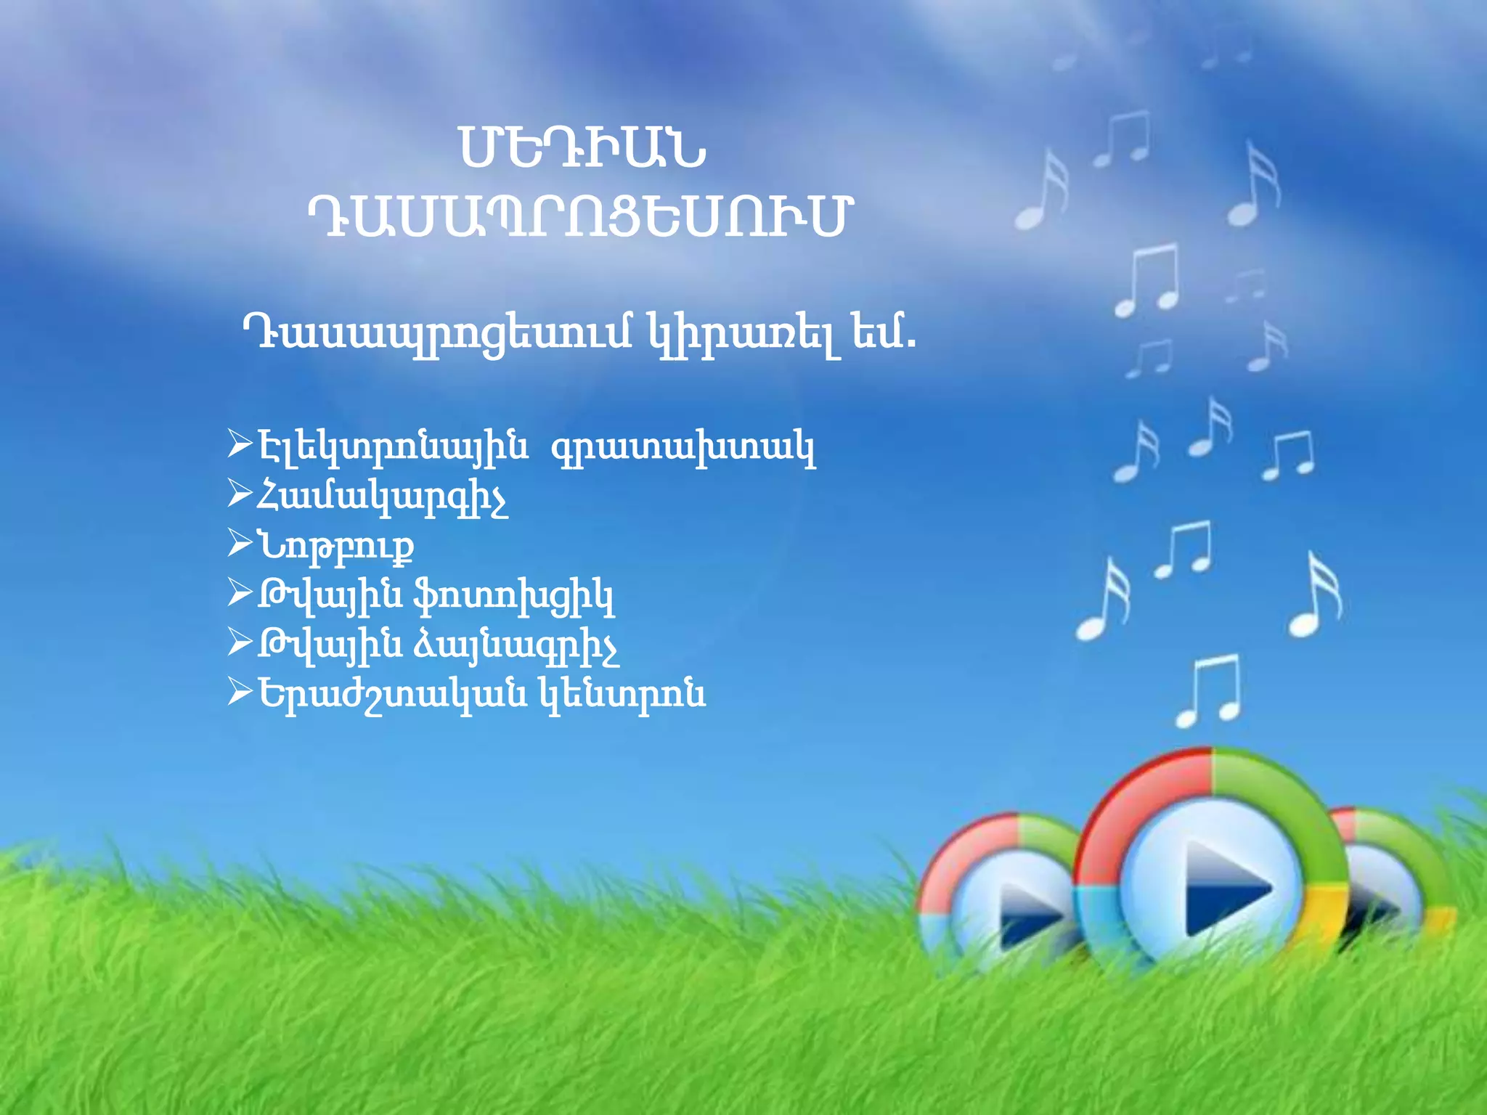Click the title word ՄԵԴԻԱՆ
pyautogui.click(x=582, y=148)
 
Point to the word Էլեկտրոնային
pyautogui.click(x=393, y=447)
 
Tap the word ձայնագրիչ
pyautogui.click(x=516, y=647)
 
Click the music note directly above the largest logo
pyautogui.click(x=1209, y=690)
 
